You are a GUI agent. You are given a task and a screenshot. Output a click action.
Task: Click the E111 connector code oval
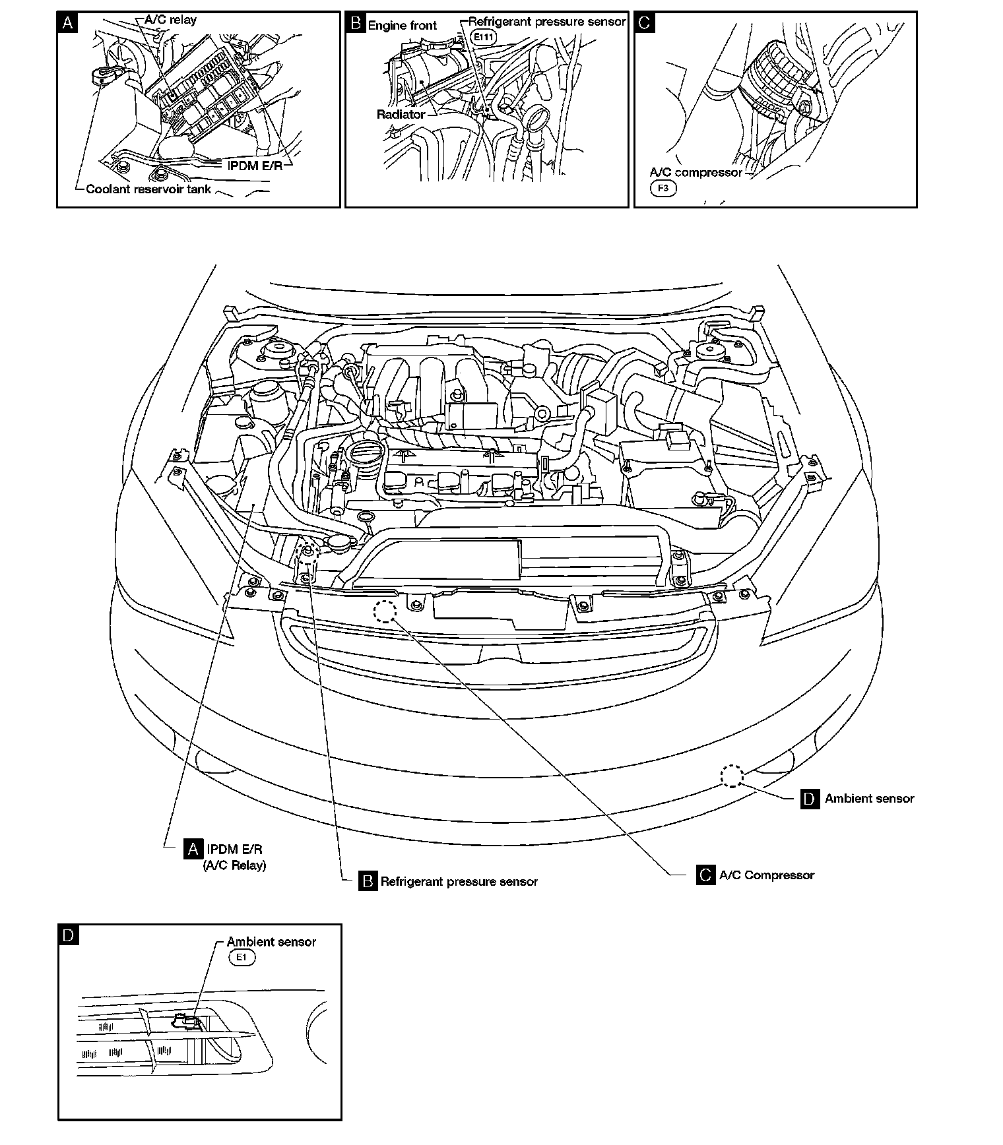click(484, 38)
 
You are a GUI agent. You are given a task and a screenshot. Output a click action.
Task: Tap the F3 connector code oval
click(663, 188)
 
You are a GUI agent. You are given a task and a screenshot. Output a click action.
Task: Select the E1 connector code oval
click(241, 958)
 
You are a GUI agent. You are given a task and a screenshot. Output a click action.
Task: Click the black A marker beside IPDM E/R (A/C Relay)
click(193, 849)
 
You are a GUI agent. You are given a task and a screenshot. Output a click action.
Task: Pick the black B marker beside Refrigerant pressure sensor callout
click(368, 881)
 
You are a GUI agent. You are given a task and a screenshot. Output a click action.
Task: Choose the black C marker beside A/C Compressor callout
click(705, 875)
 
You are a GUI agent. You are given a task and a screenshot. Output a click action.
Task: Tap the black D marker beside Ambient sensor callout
click(810, 799)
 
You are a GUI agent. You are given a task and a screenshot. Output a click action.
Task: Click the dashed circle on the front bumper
click(732, 776)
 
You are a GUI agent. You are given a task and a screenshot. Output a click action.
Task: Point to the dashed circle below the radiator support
click(384, 612)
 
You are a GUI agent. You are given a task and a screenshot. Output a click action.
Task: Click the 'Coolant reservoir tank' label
click(148, 189)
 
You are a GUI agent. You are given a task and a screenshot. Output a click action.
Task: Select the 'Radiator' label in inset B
click(401, 114)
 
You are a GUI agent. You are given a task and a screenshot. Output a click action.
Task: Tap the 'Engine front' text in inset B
click(402, 26)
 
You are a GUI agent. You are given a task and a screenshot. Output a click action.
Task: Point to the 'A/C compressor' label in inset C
click(696, 173)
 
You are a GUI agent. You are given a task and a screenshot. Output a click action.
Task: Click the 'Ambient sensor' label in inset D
click(271, 942)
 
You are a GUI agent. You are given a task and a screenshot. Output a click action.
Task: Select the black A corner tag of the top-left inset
click(67, 23)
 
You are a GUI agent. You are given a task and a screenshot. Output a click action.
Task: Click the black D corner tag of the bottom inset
click(69, 935)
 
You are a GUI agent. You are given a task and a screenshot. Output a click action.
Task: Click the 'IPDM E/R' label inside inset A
click(255, 165)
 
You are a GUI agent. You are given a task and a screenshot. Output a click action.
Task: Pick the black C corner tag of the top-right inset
click(645, 23)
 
